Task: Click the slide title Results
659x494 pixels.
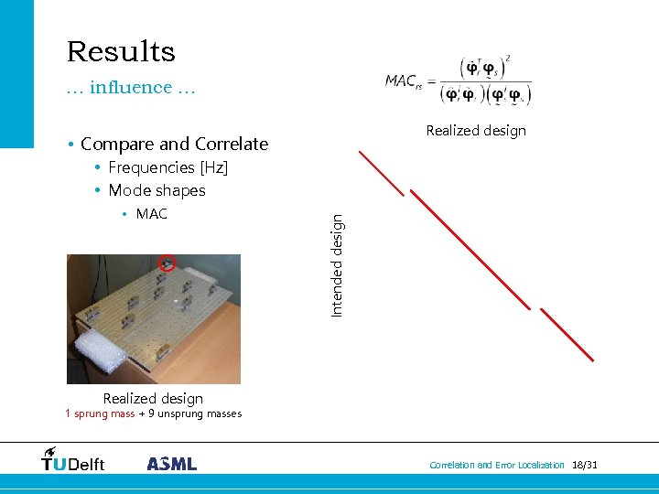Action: click(121, 51)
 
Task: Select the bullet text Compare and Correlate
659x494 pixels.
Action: click(174, 144)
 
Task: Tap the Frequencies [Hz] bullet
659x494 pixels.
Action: click(167, 167)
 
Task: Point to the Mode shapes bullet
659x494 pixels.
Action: click(157, 190)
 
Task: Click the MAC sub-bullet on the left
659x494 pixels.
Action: click(151, 214)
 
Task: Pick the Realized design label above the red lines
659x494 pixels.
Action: click(476, 131)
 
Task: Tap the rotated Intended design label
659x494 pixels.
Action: click(337, 265)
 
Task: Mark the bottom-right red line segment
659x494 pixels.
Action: click(568, 335)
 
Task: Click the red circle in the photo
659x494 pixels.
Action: click(167, 263)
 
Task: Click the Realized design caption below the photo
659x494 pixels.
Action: click(153, 398)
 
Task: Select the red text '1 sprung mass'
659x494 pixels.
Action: click(100, 413)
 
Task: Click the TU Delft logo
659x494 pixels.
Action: click(73, 460)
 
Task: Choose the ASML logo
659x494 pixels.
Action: click(172, 464)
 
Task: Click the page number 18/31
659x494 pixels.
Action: click(584, 466)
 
